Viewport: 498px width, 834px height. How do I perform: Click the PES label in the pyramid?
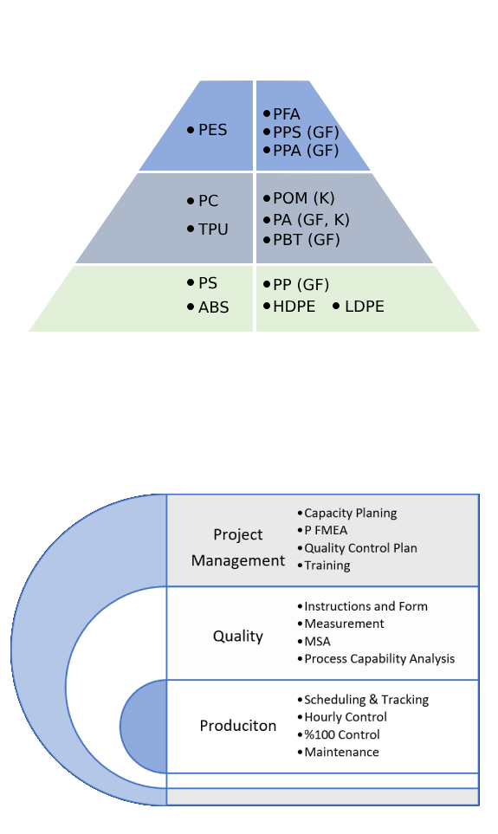(213, 130)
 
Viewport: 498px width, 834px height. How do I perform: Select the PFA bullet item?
(287, 113)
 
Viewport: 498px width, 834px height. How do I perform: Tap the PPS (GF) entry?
(306, 132)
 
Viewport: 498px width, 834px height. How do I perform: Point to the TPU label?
(213, 230)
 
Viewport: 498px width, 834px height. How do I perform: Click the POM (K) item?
(304, 198)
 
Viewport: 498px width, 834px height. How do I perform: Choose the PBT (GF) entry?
(307, 240)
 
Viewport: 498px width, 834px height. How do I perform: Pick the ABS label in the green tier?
(213, 307)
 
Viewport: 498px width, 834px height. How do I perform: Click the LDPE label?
(365, 307)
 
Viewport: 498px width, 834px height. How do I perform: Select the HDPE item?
(294, 307)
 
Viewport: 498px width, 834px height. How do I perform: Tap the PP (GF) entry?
(301, 285)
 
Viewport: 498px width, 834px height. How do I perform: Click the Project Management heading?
(238, 547)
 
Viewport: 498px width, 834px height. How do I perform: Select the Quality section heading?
(238, 637)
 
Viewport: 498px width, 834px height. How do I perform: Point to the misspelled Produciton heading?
(238, 726)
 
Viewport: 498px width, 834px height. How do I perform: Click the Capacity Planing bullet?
(351, 514)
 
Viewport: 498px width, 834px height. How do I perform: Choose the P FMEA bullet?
(326, 530)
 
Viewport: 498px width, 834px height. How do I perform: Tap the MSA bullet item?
(317, 642)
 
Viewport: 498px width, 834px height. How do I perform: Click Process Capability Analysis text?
(379, 659)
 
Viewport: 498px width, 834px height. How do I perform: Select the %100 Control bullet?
(342, 734)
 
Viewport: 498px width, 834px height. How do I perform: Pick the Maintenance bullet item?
(341, 752)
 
